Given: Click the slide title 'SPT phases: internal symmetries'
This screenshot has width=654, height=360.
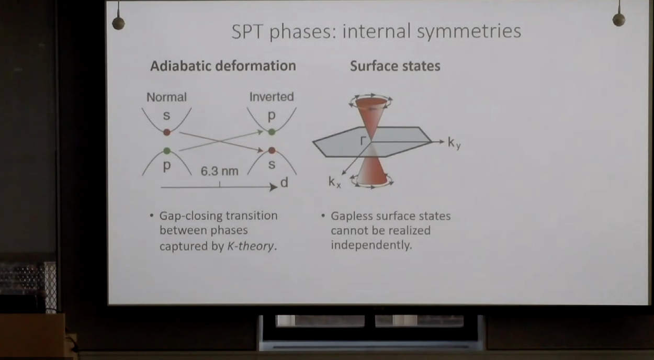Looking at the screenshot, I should pos(376,31).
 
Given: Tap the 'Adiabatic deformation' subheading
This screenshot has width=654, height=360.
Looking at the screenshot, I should pos(223,66).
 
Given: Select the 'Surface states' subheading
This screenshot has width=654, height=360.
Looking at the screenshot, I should pos(395,66).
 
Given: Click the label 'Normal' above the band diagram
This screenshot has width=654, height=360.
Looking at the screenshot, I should pos(166,97).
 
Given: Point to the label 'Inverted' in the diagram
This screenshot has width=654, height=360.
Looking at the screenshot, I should pos(272,97).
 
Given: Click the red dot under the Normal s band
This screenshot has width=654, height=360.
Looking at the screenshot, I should pos(167,132).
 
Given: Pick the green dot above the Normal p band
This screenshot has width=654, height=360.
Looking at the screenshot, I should pos(167,151).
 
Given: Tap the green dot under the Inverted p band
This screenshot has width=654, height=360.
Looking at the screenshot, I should pos(272,132).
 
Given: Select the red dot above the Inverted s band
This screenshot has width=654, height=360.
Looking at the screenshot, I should pos(272,151).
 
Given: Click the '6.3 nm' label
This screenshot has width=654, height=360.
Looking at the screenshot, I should pos(220,171).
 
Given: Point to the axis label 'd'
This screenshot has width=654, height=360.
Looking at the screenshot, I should pos(284,183).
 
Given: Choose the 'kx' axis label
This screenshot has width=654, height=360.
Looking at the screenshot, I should pos(334,182).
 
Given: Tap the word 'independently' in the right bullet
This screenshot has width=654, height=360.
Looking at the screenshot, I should pos(371,245).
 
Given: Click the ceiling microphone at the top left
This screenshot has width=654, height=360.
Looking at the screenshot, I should pos(118,22).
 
